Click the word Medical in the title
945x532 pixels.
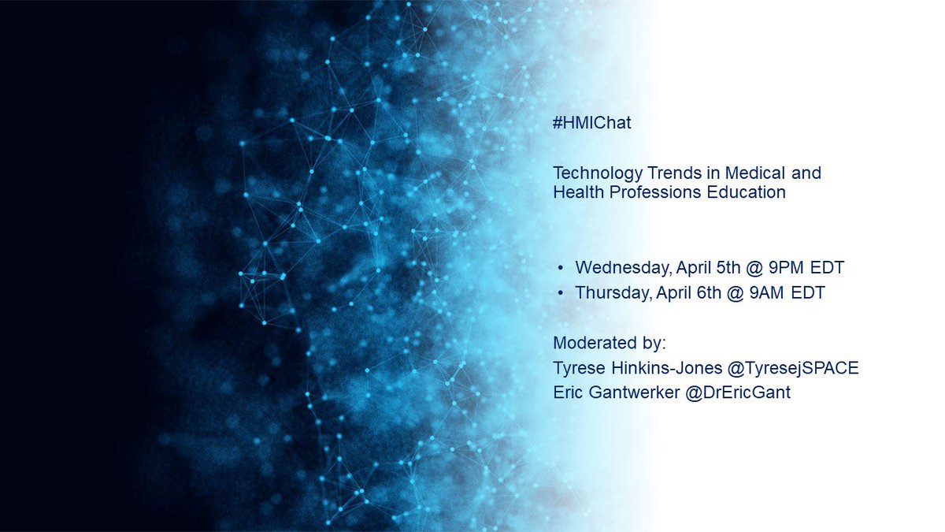[x=736, y=173]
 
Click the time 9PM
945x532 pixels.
[x=770, y=268]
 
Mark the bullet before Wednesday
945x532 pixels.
[x=560, y=269]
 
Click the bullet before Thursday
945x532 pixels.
[x=560, y=294]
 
